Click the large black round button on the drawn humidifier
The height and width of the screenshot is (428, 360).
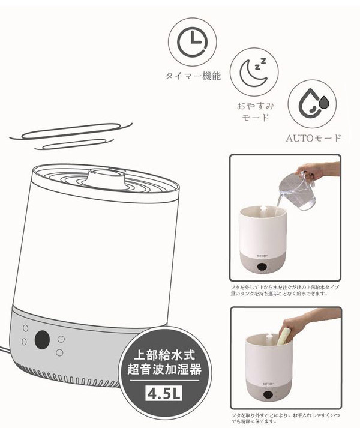click(x=42, y=340)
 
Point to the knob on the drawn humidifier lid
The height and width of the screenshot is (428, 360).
click(x=106, y=176)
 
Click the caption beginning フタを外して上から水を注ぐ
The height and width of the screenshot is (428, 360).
click(x=284, y=291)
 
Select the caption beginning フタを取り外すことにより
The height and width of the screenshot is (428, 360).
click(x=284, y=418)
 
